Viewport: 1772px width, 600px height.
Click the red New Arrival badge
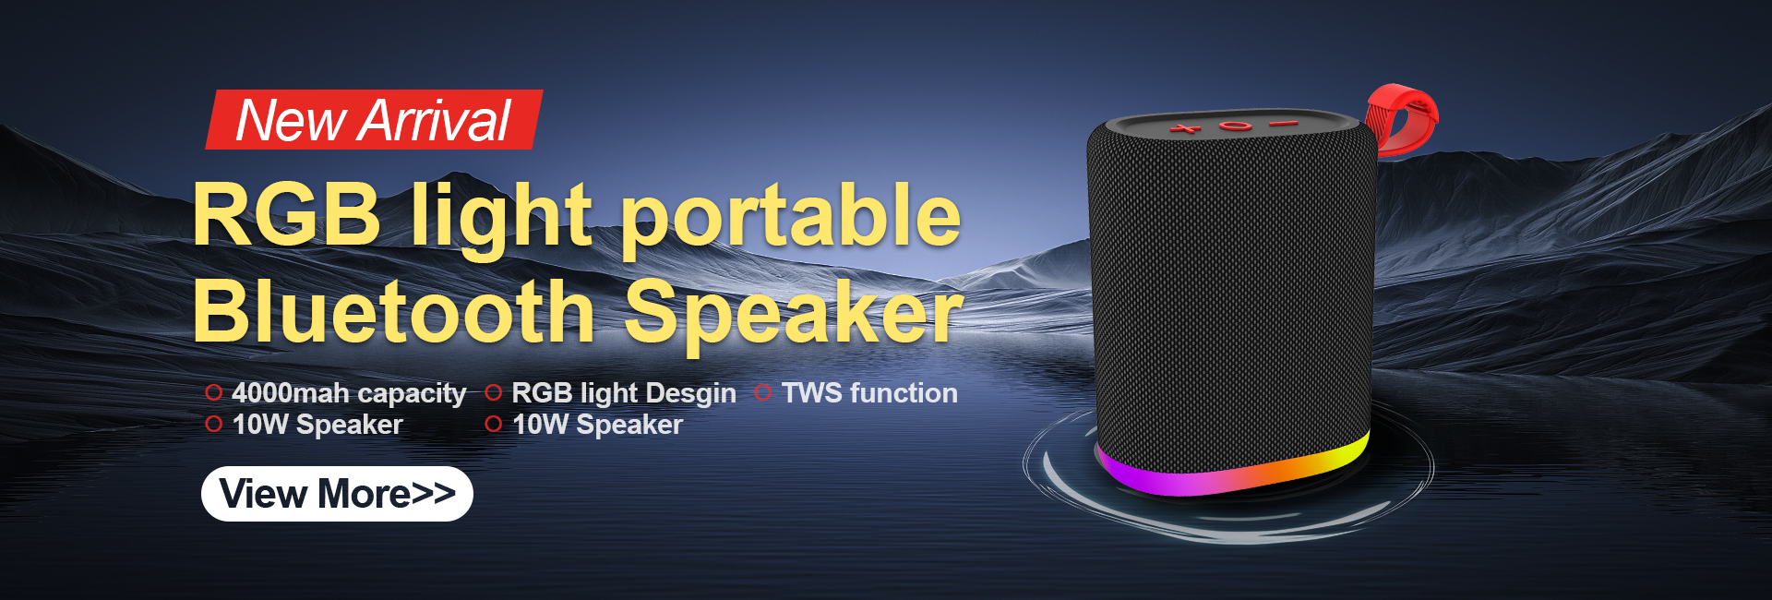374,119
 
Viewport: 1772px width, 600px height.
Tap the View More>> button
337,494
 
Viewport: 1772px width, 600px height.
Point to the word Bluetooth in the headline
394,311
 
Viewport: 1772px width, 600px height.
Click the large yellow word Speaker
795,315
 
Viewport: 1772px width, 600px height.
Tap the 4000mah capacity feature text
349,393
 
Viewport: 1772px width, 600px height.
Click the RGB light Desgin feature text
624,393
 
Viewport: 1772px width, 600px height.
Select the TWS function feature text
869,393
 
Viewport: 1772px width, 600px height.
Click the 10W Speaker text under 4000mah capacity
317,425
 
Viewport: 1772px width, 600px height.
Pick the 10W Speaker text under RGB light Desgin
597,425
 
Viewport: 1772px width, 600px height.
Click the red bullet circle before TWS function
762,392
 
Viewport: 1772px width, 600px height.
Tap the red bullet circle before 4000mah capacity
214,392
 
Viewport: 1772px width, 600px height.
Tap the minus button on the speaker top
1283,123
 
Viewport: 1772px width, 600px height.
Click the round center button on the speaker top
1235,126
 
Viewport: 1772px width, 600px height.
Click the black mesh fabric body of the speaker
1232,295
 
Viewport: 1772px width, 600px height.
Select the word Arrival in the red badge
437,121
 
